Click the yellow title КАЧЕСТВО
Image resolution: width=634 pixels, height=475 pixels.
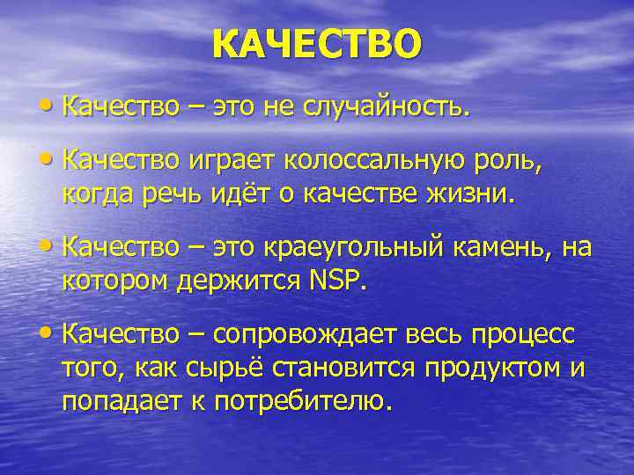coord(317,44)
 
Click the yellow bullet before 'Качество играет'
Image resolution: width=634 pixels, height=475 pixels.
coord(46,160)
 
